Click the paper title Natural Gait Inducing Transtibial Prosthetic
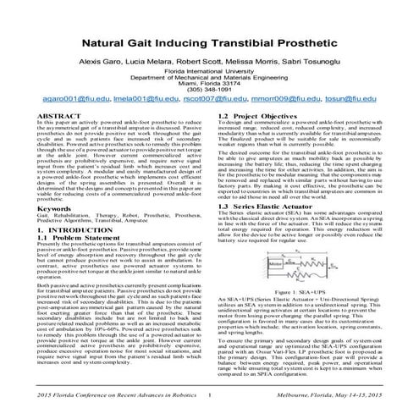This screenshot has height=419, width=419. point(209,41)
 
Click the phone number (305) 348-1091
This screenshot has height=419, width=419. point(209,88)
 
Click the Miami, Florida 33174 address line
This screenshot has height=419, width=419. point(209,82)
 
